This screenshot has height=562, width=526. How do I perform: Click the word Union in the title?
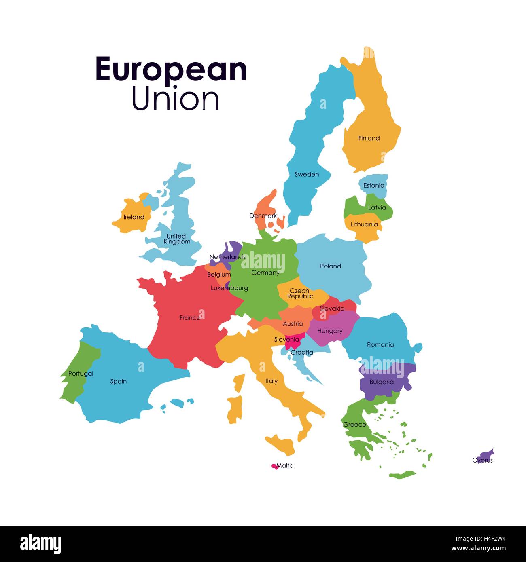coord(175,99)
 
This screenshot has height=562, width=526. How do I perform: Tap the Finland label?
coord(369,138)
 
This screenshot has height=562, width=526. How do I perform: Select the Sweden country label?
coord(306,175)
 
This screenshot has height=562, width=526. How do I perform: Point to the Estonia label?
coord(373,186)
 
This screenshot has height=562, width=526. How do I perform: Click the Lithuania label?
coord(364,224)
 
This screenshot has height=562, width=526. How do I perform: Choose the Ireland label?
coord(134,217)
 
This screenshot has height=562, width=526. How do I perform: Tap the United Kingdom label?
coord(176,239)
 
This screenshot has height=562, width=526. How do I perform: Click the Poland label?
coord(330,266)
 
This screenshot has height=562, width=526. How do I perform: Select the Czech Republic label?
coord(300,294)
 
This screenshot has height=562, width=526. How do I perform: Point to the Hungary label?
coord(330,331)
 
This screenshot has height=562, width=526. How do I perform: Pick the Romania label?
coord(380,345)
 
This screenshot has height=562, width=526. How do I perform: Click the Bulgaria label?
coord(381,382)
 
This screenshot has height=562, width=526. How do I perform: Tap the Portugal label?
coord(81,374)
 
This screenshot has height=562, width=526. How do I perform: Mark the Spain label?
coord(118,381)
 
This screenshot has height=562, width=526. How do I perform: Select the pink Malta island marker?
coord(275,466)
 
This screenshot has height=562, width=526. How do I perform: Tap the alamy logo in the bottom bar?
coord(40,544)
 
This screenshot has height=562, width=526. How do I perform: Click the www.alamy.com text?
coord(478,549)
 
